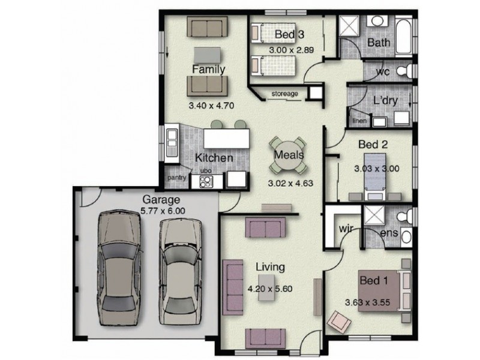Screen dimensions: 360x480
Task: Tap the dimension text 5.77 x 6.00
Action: coord(163,211)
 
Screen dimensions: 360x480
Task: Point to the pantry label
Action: coord(176,178)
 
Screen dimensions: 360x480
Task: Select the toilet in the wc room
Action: coord(409,72)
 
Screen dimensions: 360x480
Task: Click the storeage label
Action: coord(284,94)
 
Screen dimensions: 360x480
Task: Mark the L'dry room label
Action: coord(385,101)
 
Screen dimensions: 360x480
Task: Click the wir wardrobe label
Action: coord(345,229)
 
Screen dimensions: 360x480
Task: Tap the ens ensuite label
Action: coord(390,232)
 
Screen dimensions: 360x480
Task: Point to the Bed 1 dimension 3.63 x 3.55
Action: coord(368,302)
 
